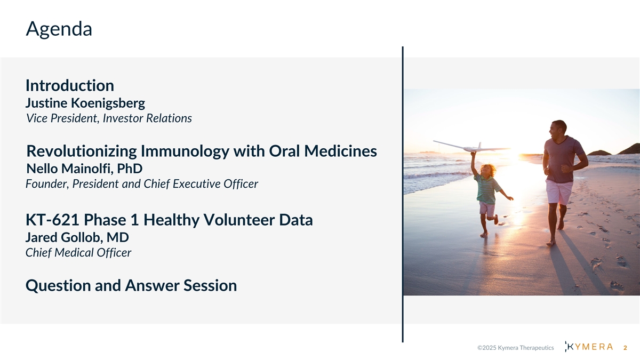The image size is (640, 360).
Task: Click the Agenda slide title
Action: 59,29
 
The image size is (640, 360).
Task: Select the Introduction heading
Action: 70,85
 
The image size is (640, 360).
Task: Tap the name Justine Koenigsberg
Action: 85,103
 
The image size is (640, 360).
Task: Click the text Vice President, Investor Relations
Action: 109,118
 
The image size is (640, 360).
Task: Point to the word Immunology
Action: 185,151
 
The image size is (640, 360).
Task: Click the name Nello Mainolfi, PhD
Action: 84,169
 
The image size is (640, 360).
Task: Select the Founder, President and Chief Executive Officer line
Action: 142,183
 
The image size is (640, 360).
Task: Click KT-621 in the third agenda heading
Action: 52,220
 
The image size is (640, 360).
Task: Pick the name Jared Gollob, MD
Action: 77,237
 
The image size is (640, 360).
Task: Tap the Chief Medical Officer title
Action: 78,253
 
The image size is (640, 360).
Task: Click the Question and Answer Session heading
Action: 131,285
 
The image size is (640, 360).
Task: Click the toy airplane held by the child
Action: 471,146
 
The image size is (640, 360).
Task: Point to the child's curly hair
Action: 488,169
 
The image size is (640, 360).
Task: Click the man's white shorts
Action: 559,191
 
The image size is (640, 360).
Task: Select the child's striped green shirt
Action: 486,189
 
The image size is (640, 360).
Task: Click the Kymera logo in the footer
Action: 589,347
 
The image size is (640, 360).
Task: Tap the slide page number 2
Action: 625,348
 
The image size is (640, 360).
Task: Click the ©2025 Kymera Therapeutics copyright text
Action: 515,348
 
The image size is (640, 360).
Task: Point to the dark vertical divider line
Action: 403,194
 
